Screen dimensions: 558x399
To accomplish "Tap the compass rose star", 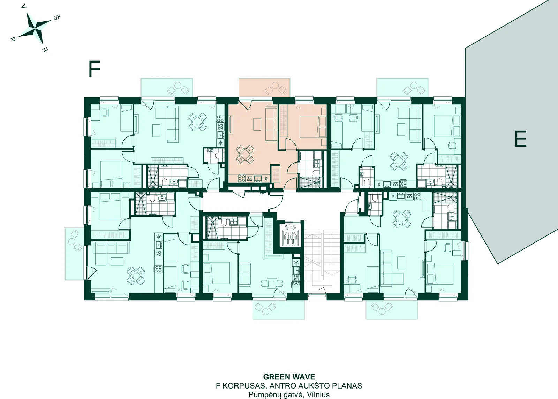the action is (36, 28).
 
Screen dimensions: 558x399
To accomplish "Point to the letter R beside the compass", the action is (44, 49).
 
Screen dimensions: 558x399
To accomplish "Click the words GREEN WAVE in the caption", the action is (289, 377).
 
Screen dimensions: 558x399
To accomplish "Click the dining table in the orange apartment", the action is (245, 154).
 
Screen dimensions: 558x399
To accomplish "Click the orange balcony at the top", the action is (264, 87).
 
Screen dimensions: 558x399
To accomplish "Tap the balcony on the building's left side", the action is (75, 254).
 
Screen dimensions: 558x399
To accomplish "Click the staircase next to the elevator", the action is (322, 262).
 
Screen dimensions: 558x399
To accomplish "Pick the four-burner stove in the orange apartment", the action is (242, 178).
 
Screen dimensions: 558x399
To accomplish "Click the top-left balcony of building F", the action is (167, 87).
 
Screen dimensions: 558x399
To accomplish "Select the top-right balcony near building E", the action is (403, 87).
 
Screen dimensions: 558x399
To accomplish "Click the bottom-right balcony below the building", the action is (392, 310).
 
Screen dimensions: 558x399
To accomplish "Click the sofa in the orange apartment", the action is (271, 124).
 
